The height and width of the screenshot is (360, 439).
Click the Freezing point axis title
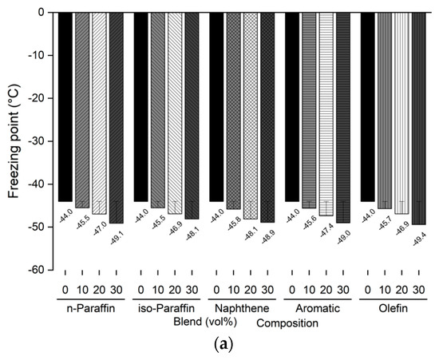pos(14,141)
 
